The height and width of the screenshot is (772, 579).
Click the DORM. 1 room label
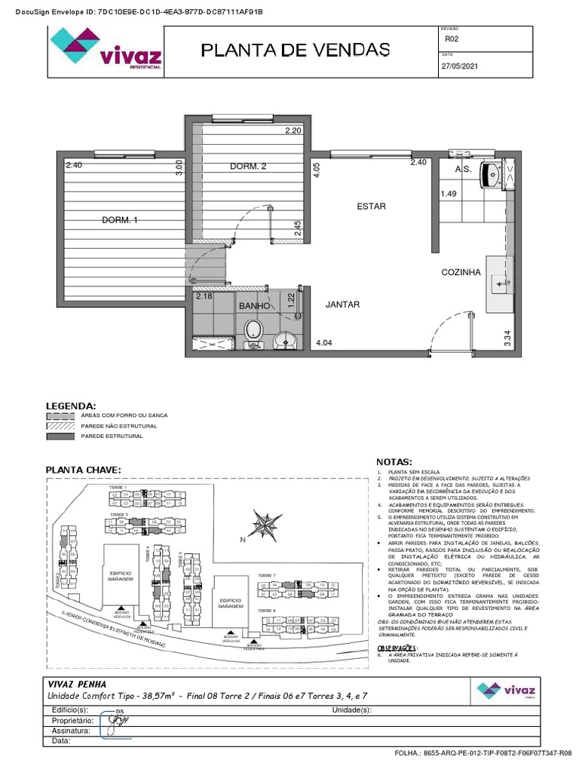click(x=120, y=220)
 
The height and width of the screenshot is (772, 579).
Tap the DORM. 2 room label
click(x=248, y=167)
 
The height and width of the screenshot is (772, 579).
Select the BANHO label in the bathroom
click(x=254, y=306)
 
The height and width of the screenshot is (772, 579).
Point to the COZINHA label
click(x=461, y=273)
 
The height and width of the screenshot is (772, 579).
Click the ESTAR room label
click(x=371, y=206)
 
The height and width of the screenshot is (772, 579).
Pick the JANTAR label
click(x=342, y=305)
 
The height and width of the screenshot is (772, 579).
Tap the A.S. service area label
click(x=463, y=170)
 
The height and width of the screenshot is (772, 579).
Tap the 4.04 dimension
click(x=324, y=343)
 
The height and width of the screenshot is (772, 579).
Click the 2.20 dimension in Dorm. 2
click(x=293, y=131)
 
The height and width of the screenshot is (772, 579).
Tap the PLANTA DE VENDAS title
click(x=295, y=51)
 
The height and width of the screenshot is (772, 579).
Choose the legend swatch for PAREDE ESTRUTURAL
click(x=60, y=437)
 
